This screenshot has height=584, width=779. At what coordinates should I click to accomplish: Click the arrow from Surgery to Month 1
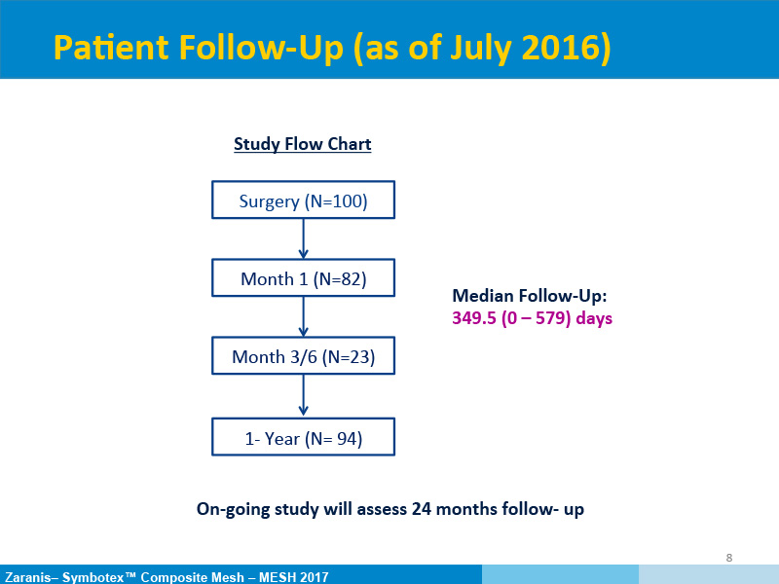[x=303, y=238]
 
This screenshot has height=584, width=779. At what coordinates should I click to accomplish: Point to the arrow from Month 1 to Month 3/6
[x=303, y=316]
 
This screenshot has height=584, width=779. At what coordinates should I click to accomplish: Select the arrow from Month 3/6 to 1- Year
[x=303, y=396]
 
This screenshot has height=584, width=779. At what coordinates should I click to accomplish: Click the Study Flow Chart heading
[x=303, y=144]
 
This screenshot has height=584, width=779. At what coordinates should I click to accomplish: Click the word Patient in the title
[x=111, y=48]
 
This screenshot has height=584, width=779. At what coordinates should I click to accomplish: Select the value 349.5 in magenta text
[x=474, y=318]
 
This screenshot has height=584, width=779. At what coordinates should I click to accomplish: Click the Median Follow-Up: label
[x=530, y=296]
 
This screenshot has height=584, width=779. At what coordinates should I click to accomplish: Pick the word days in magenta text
[x=594, y=318]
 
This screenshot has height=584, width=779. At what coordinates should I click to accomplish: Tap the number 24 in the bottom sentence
[x=422, y=509]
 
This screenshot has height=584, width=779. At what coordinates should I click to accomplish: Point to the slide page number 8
[x=728, y=558]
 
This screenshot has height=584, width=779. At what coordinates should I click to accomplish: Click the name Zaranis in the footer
[x=28, y=577]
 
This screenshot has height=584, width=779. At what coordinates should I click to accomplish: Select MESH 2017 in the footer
[x=294, y=577]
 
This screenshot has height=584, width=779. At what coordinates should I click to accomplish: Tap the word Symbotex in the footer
[x=93, y=577]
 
